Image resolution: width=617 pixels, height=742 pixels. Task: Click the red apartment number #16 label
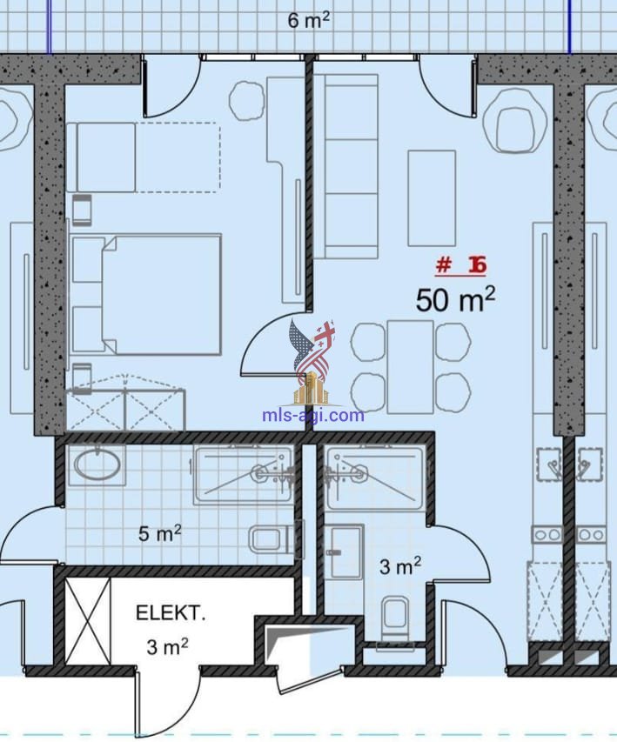(460, 265)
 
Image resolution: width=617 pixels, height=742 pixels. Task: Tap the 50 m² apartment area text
(455, 300)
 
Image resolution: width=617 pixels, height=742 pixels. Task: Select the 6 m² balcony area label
(308, 20)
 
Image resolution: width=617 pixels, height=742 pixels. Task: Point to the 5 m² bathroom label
(159, 533)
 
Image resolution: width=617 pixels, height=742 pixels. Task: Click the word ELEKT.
(171, 613)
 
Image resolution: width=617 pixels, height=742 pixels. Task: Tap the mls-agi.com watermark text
(313, 415)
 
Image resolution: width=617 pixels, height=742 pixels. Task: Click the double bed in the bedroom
(146, 294)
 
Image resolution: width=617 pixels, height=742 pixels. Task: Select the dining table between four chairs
(411, 367)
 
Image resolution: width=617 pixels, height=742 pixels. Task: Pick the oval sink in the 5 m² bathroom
(97, 465)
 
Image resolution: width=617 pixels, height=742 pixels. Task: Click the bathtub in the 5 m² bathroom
(243, 476)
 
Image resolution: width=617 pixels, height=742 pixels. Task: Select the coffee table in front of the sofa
(432, 198)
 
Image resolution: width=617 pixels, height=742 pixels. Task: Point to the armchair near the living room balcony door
(515, 122)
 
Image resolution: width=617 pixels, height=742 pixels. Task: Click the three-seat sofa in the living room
(345, 166)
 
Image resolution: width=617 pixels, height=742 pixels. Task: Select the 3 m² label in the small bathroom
(400, 565)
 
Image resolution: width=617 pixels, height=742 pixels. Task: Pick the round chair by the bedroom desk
(246, 100)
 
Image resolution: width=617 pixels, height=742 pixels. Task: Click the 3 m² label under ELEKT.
(167, 646)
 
